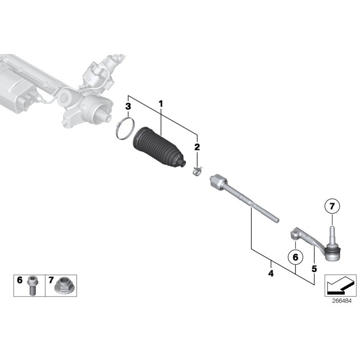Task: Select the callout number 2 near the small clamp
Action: coord(197,147)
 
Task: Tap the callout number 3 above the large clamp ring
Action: coord(128,107)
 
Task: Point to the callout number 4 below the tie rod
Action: coord(270,273)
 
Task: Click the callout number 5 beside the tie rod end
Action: coord(314,269)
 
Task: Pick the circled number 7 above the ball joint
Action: coord(332,207)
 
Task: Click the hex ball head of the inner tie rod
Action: coord(217,181)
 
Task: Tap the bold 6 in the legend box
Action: coord(20,280)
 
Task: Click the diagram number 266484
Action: coord(340,302)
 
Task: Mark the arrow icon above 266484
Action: coord(340,284)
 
